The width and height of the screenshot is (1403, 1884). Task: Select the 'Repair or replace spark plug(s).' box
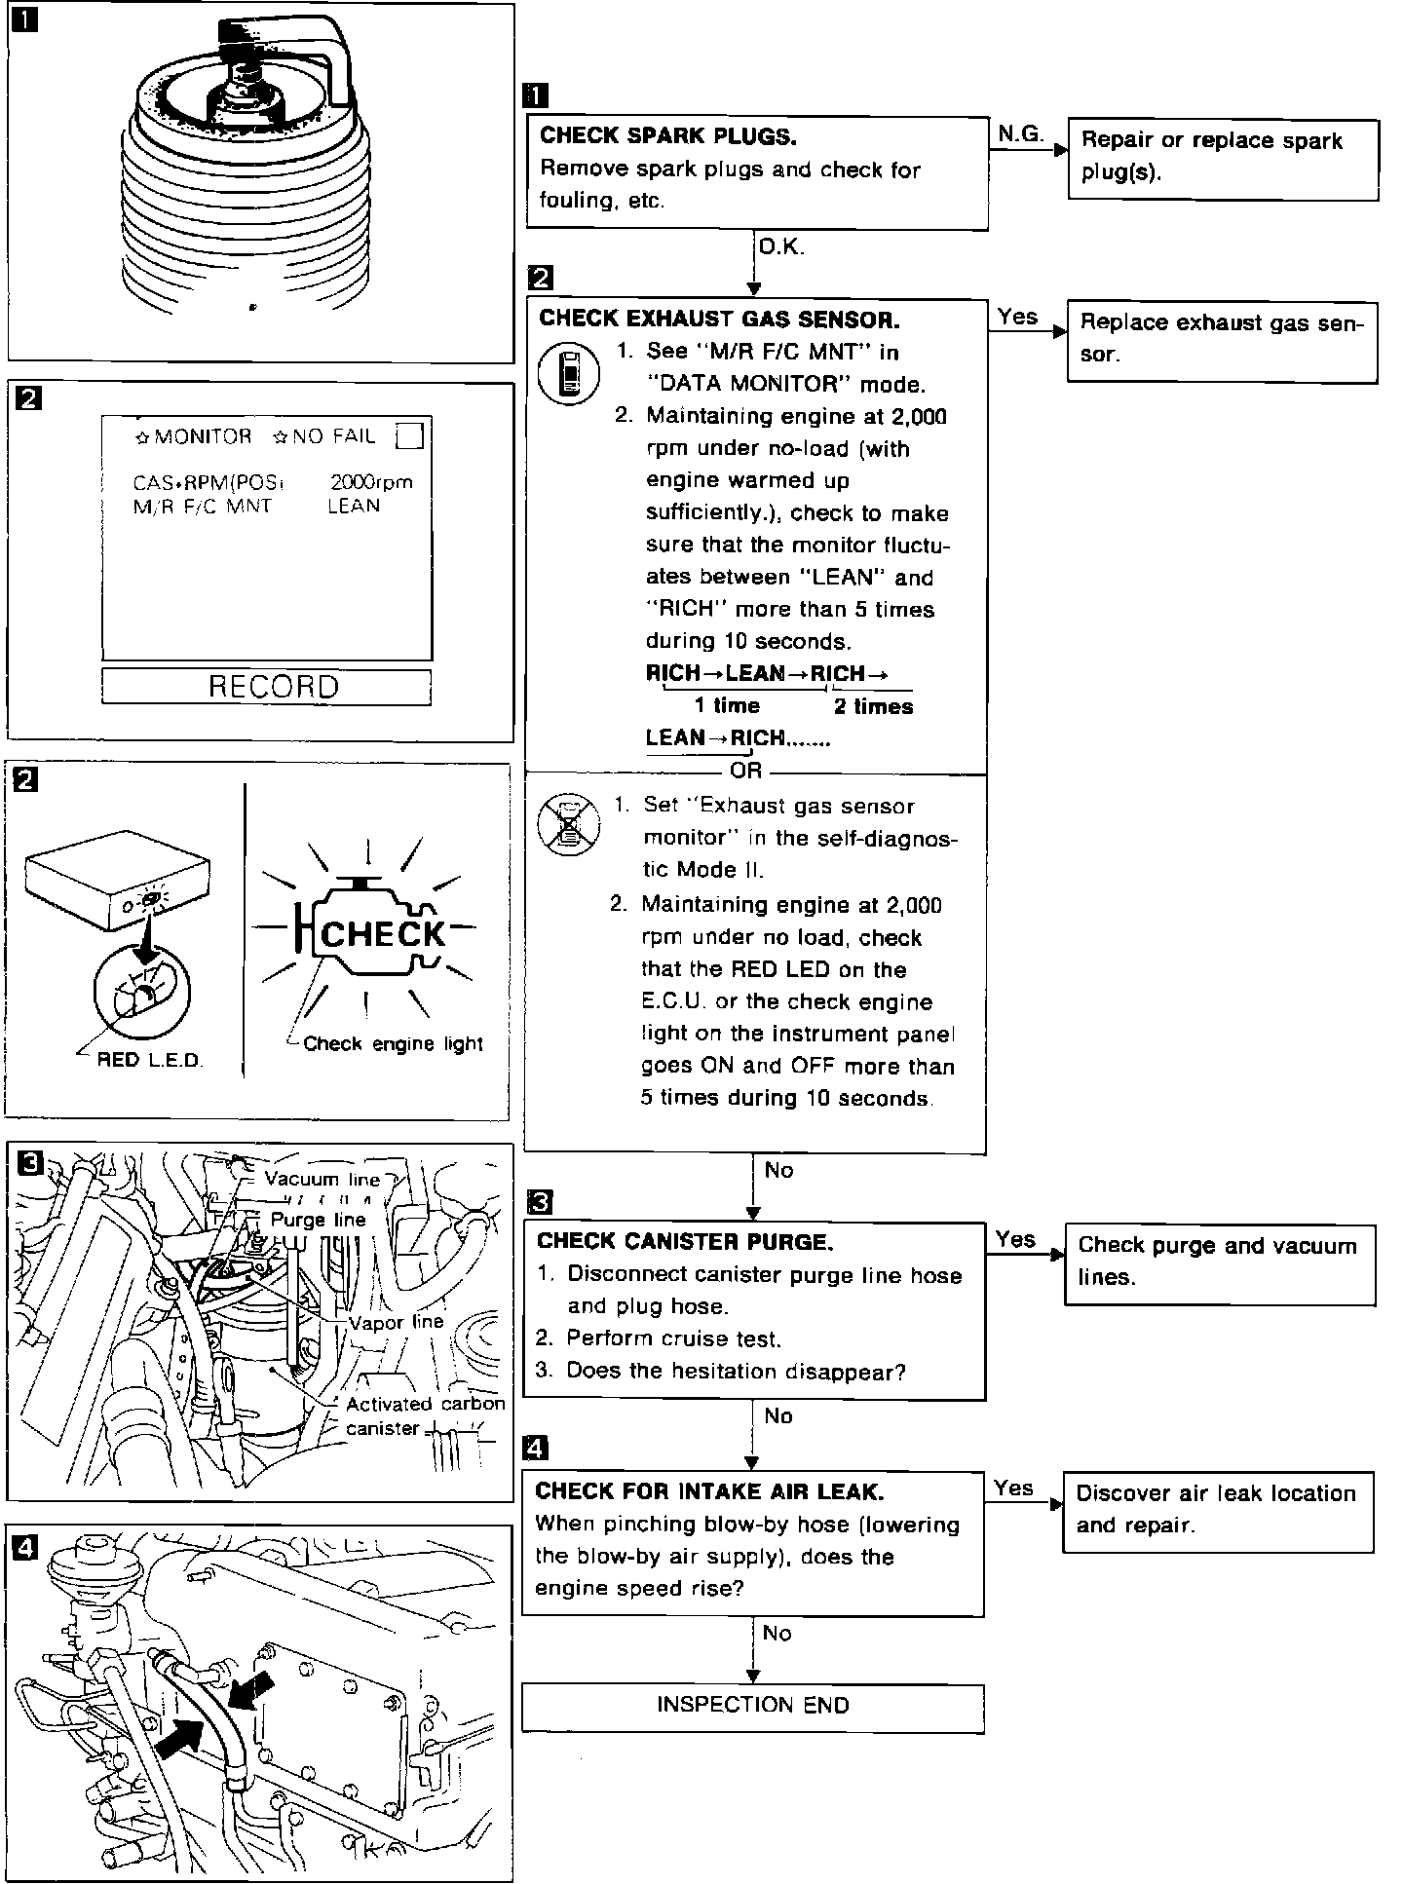1223,159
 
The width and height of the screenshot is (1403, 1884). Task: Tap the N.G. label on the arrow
1019,133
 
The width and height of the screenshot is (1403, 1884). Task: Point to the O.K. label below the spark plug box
780,248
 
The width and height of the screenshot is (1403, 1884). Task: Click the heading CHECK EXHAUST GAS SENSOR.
719,320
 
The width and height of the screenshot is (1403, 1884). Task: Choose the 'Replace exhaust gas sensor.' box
1222,340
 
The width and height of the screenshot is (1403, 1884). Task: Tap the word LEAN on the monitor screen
354,506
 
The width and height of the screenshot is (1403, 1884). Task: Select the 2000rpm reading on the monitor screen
371,481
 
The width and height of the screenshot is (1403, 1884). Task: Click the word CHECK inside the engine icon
382,935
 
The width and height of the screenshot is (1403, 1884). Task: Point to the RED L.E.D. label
149,1060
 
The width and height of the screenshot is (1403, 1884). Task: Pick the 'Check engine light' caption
393,1044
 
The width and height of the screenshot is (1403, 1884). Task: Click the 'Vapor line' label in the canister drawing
397,1322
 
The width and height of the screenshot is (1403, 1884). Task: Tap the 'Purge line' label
319,1220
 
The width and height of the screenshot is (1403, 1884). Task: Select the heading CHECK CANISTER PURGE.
685,1242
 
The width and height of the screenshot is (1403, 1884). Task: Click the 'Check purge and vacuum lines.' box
1220,1262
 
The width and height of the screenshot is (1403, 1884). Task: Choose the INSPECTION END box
752,1706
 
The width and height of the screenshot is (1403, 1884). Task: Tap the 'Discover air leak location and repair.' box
1217,1510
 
